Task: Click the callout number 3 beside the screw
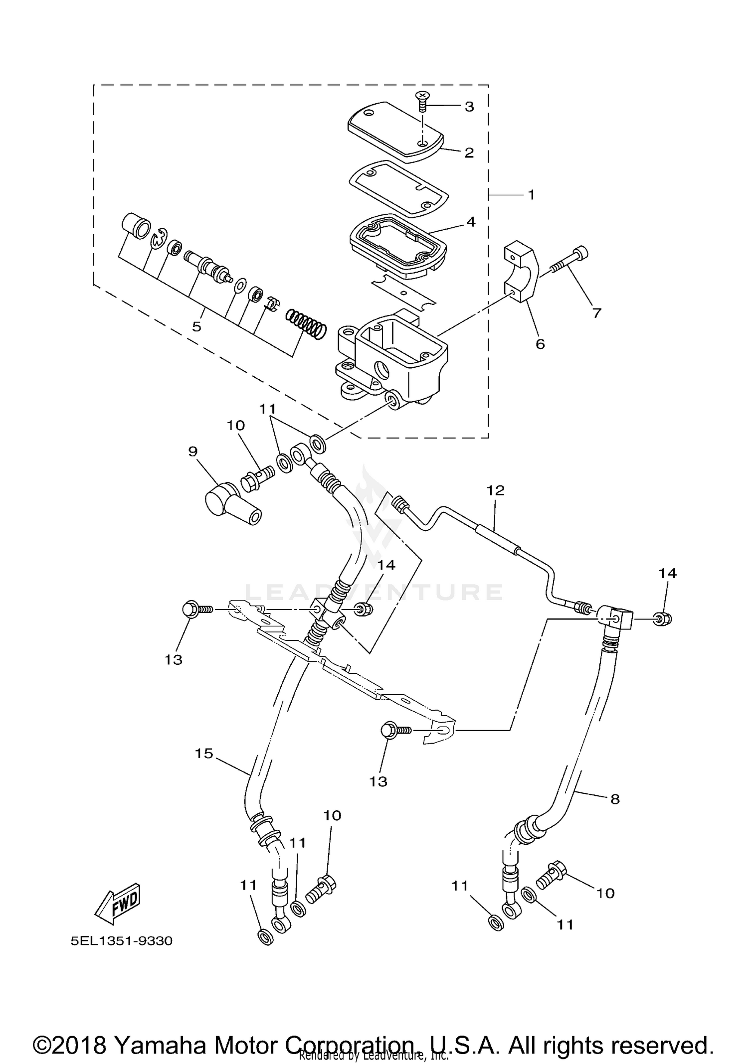pyautogui.click(x=469, y=107)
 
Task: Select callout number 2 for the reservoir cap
pyautogui.click(x=468, y=153)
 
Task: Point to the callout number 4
pyautogui.click(x=470, y=222)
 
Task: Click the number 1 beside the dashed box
pyautogui.click(x=531, y=195)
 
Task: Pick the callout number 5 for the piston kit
pyautogui.click(x=196, y=327)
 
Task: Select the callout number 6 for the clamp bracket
pyautogui.click(x=540, y=344)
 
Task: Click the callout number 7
pyautogui.click(x=596, y=313)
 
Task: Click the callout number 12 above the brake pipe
pyautogui.click(x=496, y=490)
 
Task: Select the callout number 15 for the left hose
pyautogui.click(x=204, y=754)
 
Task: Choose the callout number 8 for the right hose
pyautogui.click(x=614, y=799)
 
